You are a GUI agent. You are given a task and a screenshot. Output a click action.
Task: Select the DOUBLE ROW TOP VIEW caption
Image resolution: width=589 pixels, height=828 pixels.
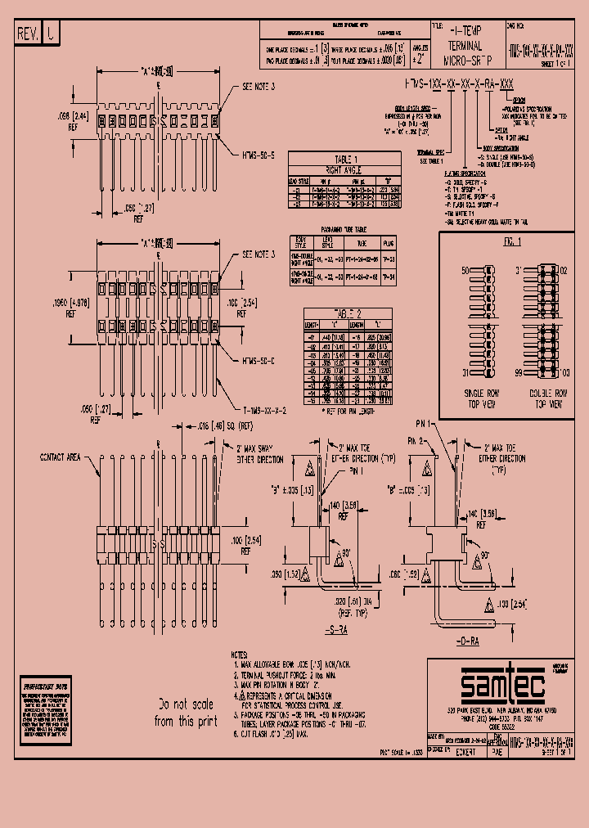point(549,399)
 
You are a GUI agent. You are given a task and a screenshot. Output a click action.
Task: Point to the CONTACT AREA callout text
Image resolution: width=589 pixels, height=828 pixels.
point(61,457)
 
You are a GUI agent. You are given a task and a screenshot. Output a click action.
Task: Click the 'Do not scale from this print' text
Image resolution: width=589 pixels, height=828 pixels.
point(187,711)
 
